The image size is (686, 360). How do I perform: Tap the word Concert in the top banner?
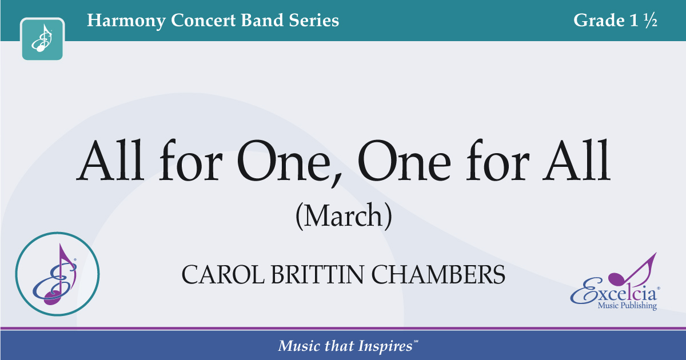point(204,20)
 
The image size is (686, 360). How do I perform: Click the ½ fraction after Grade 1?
point(651,20)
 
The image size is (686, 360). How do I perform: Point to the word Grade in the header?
point(599,20)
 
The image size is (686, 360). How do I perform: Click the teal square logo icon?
point(42,39)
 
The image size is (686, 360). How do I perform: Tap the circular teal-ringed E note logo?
point(57,274)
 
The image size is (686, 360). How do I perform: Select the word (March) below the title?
point(344,216)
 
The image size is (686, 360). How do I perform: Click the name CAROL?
point(223,275)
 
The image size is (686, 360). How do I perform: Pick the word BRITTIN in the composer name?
point(318,275)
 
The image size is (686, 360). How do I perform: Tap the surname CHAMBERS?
point(438,275)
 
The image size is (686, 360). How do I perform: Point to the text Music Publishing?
point(627,306)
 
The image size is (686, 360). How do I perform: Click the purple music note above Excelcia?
point(632,269)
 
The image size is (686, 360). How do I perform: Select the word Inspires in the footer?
point(385,346)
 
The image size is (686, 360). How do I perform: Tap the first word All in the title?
point(110,160)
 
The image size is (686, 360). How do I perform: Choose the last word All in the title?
point(576,160)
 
